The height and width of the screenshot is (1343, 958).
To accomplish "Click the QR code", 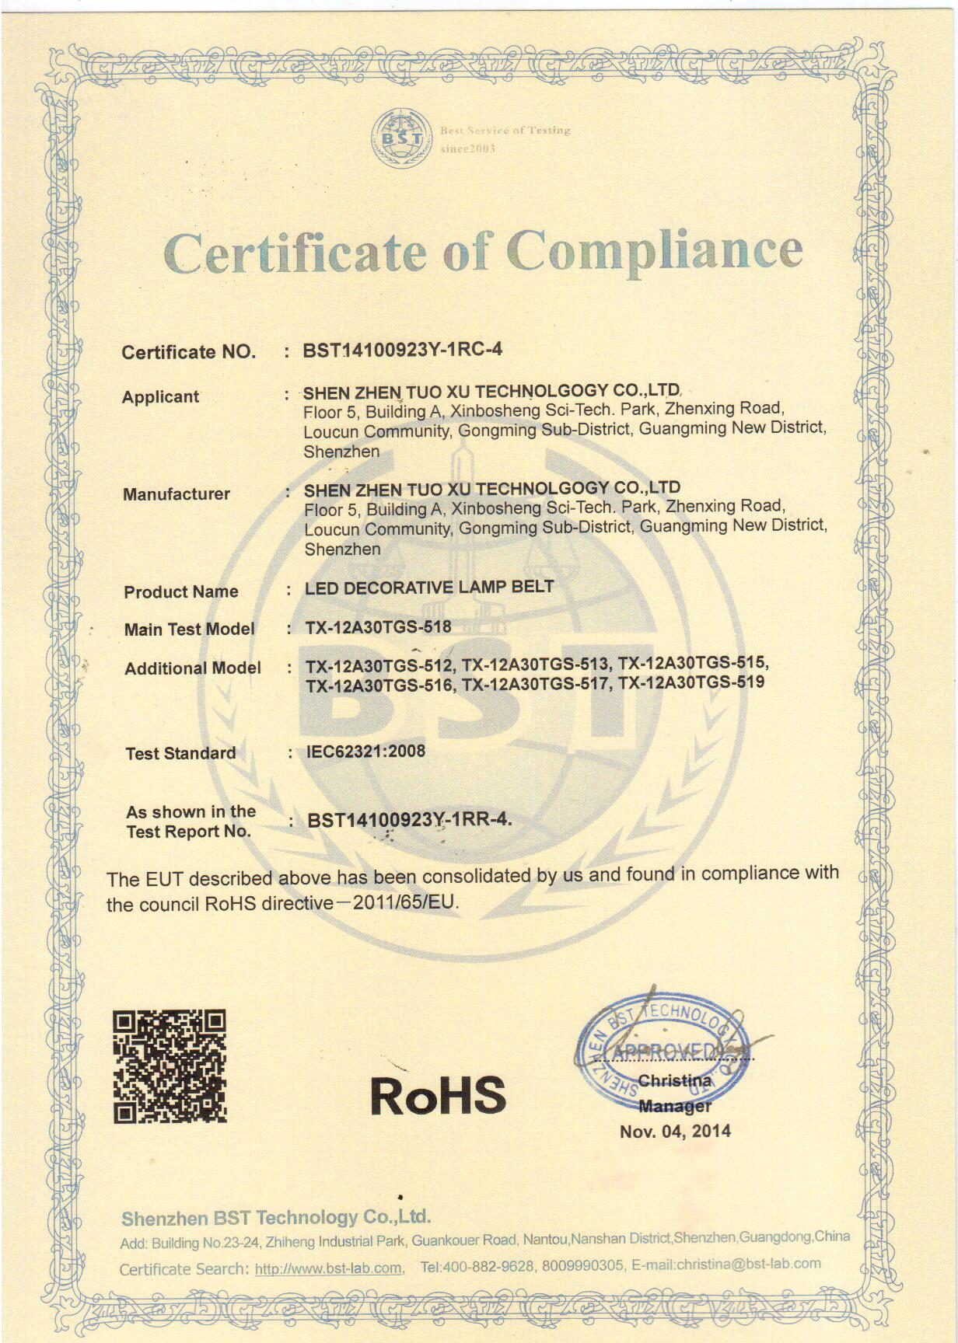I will [170, 1066].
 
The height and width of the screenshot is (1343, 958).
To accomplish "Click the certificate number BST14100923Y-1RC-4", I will [403, 350].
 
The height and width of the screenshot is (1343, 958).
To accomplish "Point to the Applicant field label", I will [160, 397].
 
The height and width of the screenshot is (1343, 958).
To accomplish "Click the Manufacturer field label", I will [177, 494].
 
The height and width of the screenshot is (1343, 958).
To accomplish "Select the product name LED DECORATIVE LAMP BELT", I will [428, 588].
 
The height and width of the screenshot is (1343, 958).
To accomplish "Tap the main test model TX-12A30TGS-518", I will [378, 627].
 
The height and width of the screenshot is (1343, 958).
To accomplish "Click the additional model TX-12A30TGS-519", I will [691, 682].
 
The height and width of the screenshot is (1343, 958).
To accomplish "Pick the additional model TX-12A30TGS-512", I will [379, 665].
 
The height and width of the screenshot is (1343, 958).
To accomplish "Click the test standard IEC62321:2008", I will [365, 752].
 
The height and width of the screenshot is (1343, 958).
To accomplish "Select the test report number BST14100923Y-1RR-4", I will [409, 819].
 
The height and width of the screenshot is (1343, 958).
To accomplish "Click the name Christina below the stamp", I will [674, 1080].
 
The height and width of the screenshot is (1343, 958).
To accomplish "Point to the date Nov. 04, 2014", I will [675, 1131].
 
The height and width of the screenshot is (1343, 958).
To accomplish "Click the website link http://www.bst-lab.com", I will [328, 1269].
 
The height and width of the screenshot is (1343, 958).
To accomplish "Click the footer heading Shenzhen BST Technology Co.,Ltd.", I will [276, 1217].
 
